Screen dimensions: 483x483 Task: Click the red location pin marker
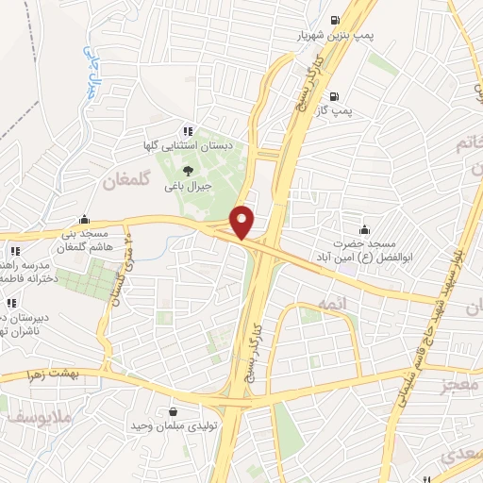pos(243,222)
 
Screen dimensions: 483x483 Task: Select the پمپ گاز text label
pos(333,110)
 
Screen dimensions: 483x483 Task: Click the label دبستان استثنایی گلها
pos(200,147)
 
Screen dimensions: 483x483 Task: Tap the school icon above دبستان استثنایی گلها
pos(188,132)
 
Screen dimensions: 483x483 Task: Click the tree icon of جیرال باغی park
pos(188,171)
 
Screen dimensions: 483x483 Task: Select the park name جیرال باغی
pos(188,186)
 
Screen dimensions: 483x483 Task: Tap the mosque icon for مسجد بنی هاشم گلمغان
pos(86,218)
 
